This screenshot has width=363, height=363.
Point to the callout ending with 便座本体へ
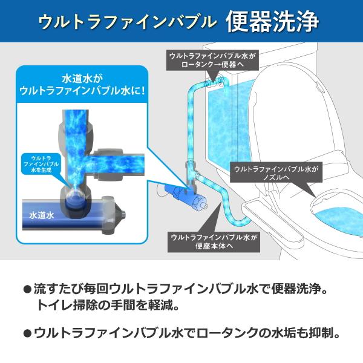tap(215, 241)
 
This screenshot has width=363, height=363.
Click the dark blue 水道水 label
tap(42, 215)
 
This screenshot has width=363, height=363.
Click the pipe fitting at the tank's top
tap(213, 79)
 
